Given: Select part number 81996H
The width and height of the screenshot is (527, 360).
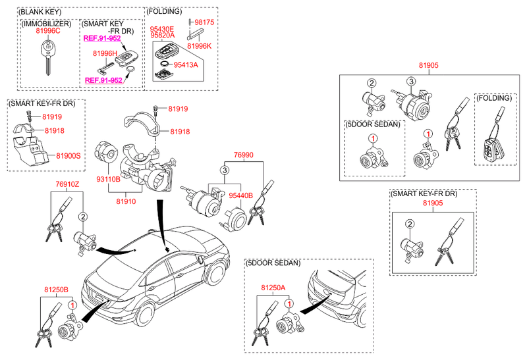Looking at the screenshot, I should tap(105, 53).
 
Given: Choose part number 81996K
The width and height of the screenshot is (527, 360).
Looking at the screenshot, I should tap(199, 46).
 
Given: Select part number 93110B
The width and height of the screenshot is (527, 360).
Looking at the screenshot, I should tap(108, 178).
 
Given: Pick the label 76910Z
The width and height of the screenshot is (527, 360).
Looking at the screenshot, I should tap(67, 184).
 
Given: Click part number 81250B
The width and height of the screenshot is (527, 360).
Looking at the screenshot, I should tap(56, 289).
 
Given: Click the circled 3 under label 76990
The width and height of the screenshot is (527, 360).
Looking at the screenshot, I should tap(224, 170).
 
